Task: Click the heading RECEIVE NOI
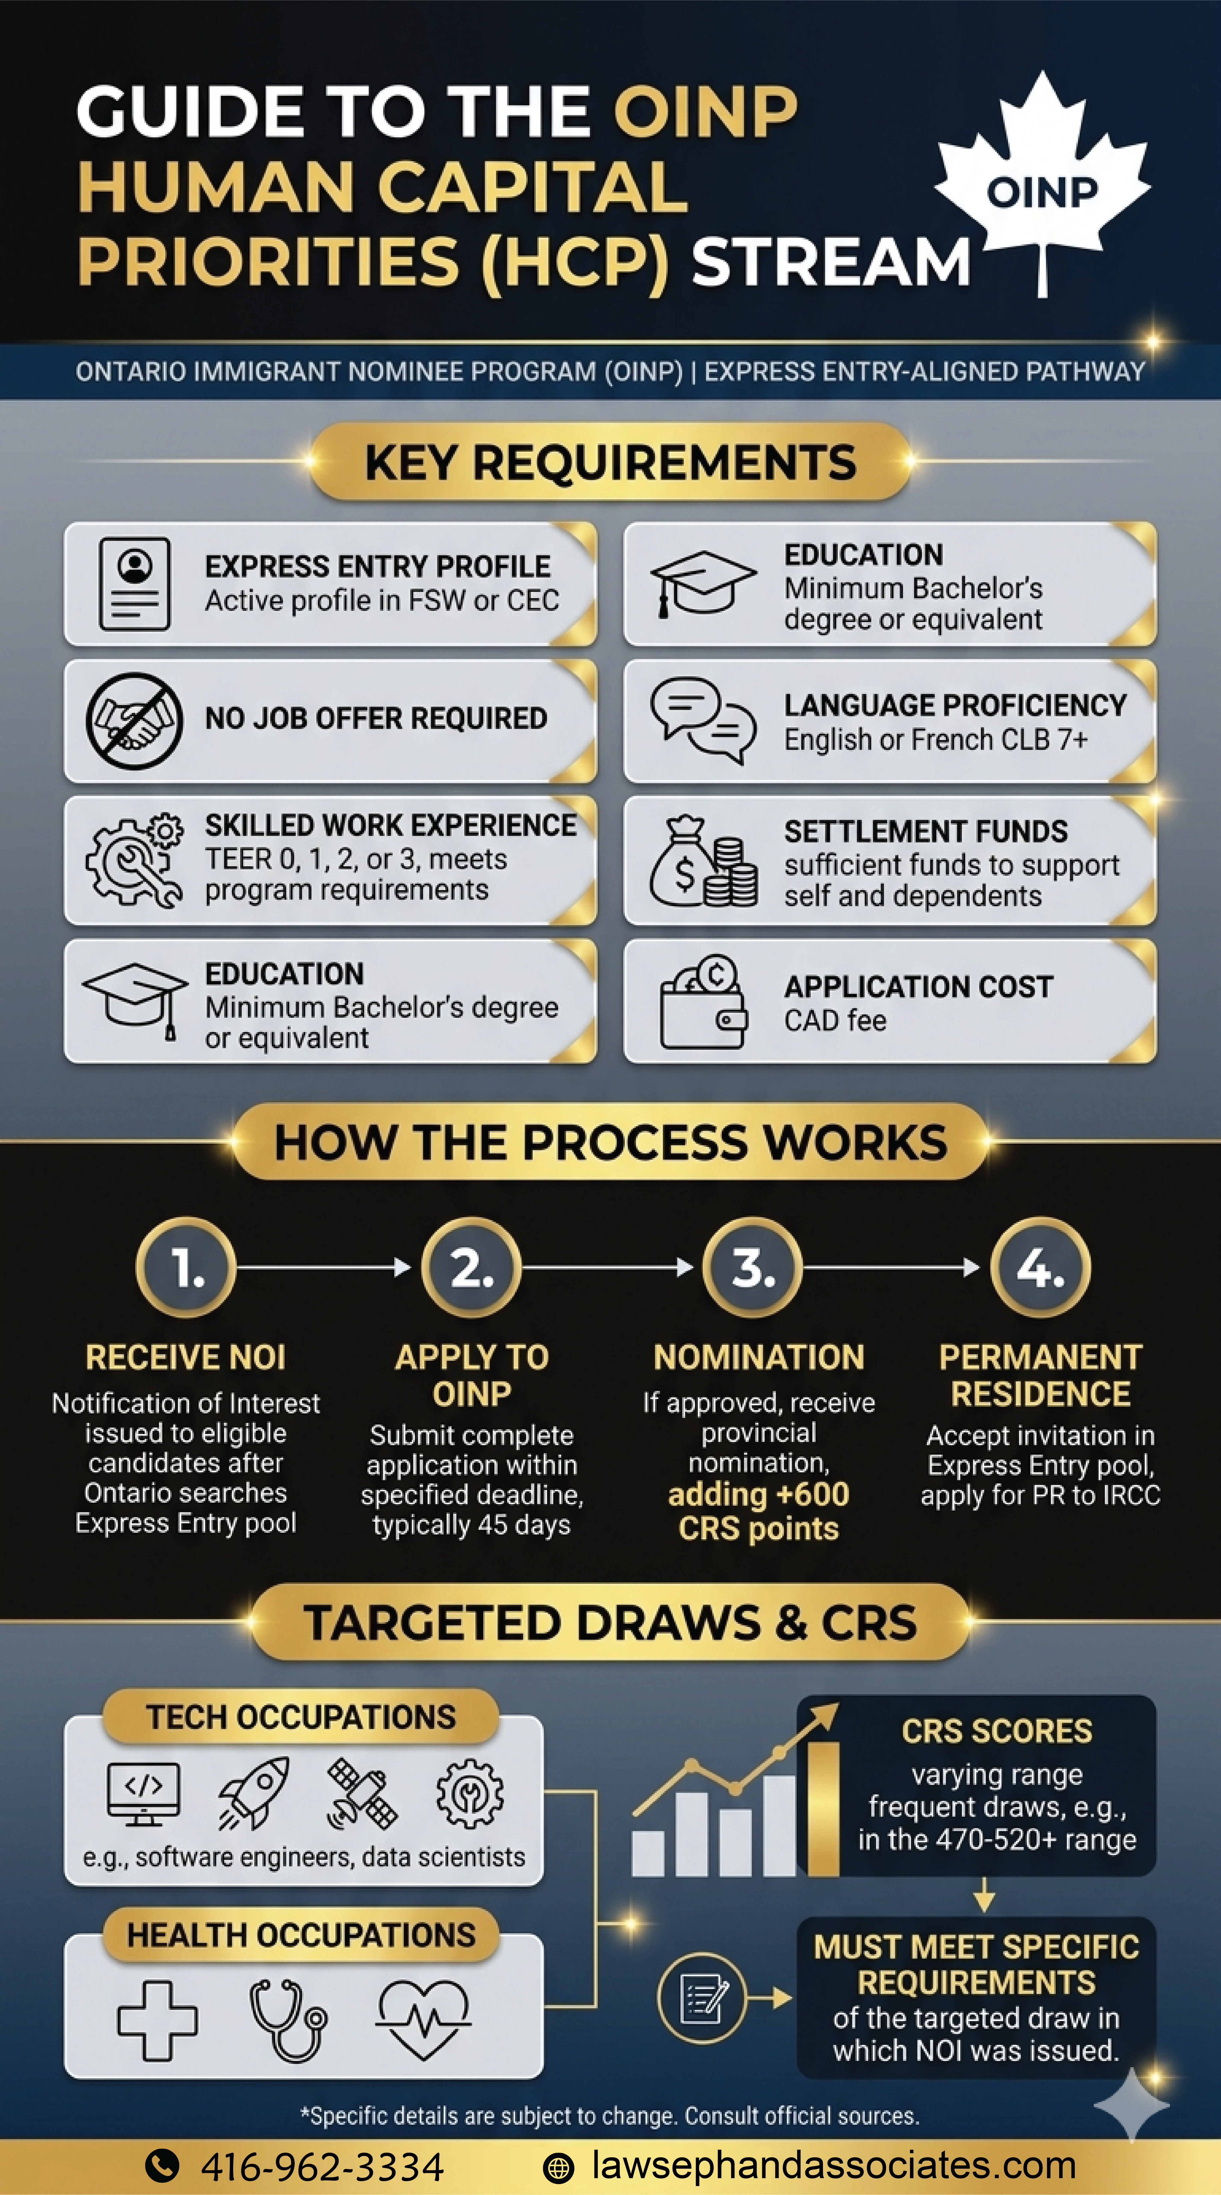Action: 186,1357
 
